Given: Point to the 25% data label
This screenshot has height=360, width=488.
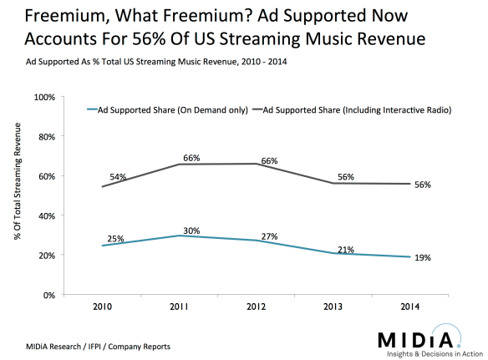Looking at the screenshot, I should click(x=116, y=238).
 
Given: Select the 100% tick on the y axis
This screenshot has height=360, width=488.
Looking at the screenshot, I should click(x=43, y=97).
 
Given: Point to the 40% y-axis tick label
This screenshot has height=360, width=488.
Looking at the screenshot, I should click(x=46, y=215).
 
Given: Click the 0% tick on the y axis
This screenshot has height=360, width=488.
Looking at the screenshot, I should click(x=48, y=295).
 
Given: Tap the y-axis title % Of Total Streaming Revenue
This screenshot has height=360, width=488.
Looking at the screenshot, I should click(x=18, y=192).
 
